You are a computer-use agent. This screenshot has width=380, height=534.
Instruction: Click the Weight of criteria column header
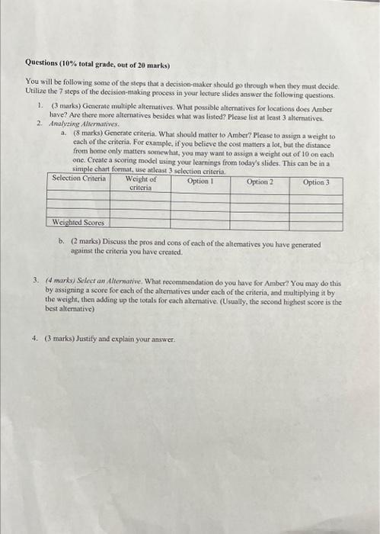pos(141,183)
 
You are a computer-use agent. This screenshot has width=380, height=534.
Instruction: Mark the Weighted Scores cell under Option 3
pos(316,223)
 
